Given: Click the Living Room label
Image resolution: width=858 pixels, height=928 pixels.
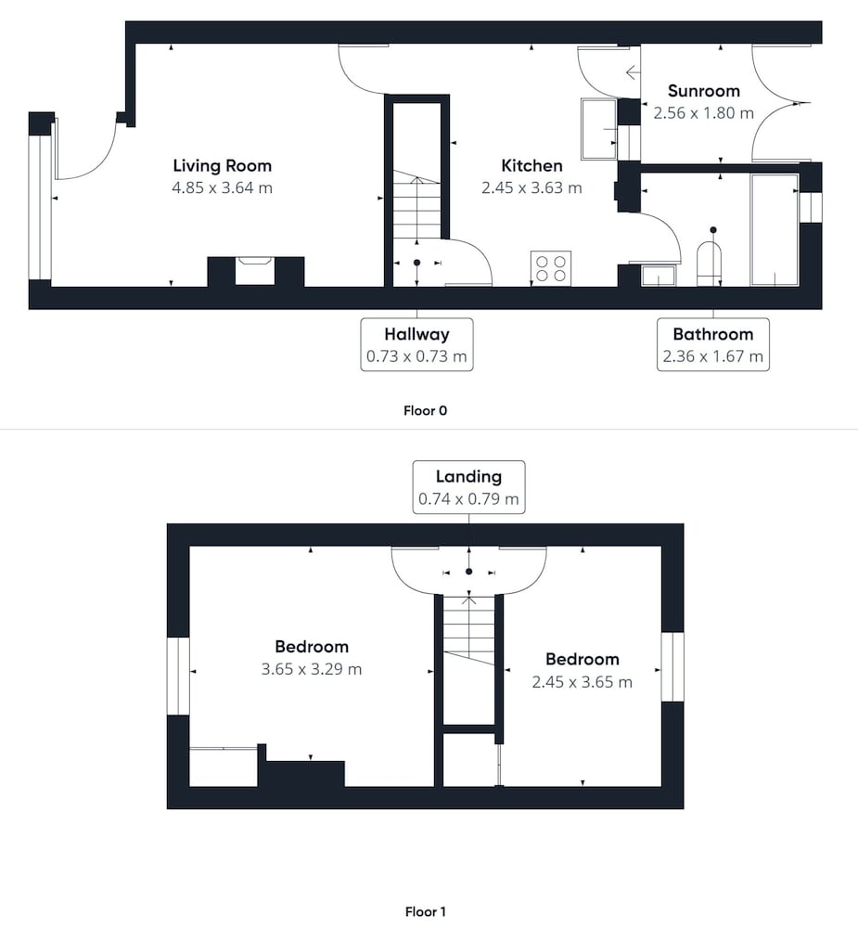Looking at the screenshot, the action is click(x=222, y=166).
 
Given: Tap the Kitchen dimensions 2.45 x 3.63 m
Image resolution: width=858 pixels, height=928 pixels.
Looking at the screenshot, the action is click(x=531, y=187).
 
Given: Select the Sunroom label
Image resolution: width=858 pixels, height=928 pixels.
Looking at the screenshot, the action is click(x=703, y=91).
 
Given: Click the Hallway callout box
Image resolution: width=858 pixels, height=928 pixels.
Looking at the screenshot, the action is click(x=416, y=344).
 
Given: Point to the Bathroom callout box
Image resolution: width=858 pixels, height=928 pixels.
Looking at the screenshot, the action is click(x=713, y=344).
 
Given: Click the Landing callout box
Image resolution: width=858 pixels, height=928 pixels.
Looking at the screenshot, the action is click(x=468, y=487).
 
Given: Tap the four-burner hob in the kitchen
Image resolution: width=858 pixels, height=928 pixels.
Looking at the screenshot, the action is click(x=551, y=268).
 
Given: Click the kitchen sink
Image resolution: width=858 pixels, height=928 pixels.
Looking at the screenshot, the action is click(x=599, y=129).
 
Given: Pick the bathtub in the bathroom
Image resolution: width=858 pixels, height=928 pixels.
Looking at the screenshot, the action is click(x=774, y=229).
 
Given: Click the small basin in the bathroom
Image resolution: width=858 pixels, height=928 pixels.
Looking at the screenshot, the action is click(x=659, y=276).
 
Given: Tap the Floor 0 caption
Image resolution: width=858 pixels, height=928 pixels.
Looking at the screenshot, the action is click(x=426, y=411).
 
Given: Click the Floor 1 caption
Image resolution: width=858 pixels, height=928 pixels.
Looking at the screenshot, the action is click(x=426, y=911).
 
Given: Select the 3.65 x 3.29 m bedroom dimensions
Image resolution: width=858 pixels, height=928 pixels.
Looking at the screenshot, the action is click(x=312, y=669).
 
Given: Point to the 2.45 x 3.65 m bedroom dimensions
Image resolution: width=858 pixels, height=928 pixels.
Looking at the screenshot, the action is click(x=582, y=682).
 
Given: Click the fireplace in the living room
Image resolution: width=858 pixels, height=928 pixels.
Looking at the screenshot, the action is click(x=255, y=272).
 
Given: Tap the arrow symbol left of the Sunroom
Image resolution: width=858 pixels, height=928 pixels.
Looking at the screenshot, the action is click(x=632, y=72).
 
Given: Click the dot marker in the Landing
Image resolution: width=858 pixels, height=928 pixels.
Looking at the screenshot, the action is click(x=469, y=572).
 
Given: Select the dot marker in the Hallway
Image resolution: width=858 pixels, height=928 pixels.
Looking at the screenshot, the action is click(x=417, y=263).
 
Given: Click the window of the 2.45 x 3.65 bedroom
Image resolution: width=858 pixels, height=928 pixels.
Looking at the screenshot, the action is click(x=672, y=667).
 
